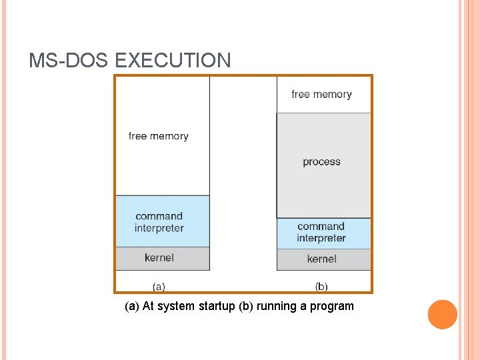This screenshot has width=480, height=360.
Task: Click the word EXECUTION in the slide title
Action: point(173,61)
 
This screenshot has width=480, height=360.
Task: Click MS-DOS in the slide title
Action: point(69,61)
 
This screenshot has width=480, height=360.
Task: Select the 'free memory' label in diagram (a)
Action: point(159,136)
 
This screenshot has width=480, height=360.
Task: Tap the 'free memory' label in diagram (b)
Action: point(321,95)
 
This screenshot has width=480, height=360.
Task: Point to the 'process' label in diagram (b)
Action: point(321,162)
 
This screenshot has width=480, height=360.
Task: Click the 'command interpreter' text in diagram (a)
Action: point(159,222)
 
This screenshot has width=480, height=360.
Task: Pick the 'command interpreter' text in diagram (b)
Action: point(321,232)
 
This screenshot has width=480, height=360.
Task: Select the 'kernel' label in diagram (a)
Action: point(159,257)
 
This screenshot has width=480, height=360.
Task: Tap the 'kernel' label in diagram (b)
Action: point(322,259)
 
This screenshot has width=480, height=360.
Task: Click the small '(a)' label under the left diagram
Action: point(159,287)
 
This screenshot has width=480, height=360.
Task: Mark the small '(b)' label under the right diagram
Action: point(321,287)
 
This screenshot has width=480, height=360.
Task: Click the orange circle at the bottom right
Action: point(443,315)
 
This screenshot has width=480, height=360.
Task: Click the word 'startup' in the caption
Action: point(216,307)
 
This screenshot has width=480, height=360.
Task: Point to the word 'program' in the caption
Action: point(332,307)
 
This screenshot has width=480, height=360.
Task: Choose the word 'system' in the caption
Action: point(179,307)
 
